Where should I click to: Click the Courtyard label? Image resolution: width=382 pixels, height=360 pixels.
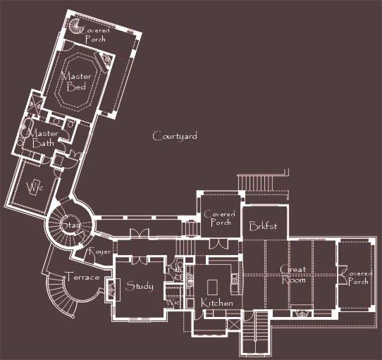click(175, 136)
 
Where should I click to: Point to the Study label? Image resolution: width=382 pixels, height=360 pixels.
click(139, 285)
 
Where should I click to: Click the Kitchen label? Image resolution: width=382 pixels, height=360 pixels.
click(217, 302)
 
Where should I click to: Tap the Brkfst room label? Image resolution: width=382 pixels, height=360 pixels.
click(264, 226)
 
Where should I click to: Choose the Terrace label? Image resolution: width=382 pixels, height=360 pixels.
click(82, 277)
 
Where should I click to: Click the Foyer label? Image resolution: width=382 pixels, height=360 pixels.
click(97, 252)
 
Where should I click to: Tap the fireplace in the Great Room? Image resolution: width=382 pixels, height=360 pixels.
click(300, 310)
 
